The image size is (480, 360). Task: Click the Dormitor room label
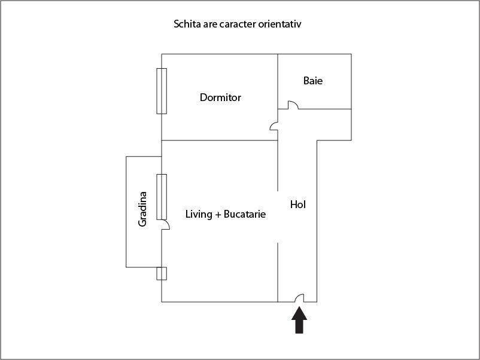coord(220,97)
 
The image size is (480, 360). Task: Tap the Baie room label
coord(313,81)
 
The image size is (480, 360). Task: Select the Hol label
coord(298,205)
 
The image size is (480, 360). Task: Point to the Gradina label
coord(142,209)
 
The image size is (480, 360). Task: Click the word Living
coord(199,214)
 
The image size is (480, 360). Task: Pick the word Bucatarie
coord(245,214)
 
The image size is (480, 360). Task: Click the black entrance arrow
coord(299,320)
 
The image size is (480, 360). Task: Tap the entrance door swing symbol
coord(300,298)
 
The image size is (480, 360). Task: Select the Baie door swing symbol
coord(293,105)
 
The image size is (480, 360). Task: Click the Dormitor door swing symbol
coord(274,126)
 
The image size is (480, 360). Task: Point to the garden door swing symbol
coord(165,224)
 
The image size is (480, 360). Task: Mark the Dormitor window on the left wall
coord(162,91)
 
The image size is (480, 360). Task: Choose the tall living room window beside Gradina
coord(162,197)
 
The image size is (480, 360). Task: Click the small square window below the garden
coord(162,273)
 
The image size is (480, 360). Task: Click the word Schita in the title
coord(186,24)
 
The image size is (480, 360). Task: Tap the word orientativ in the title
coord(280,24)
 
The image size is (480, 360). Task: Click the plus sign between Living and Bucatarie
coord(218,215)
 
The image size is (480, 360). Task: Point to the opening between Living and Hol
coord(278,217)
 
